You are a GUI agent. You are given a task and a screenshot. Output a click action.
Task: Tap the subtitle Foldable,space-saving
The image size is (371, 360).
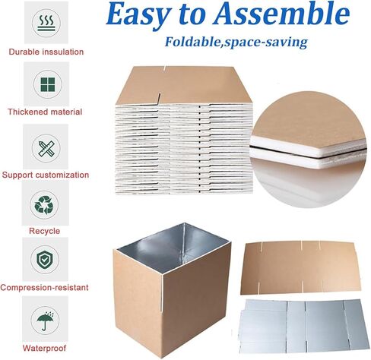click(x=236, y=42)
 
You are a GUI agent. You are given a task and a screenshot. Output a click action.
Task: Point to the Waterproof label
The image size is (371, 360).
click(x=44, y=348)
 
